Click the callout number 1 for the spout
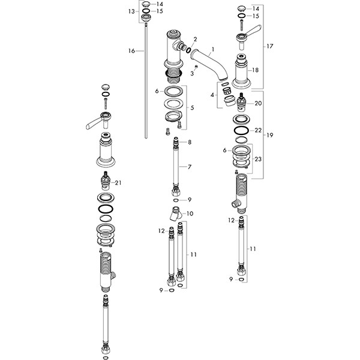(213, 49)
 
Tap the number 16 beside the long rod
(131, 51)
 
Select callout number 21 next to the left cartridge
(118, 183)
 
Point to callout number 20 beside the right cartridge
(258, 103)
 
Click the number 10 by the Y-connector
(190, 214)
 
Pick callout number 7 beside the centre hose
(190, 167)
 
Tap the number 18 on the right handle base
(255, 70)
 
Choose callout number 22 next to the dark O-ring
(258, 130)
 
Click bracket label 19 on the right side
(270, 135)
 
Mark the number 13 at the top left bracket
(131, 11)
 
